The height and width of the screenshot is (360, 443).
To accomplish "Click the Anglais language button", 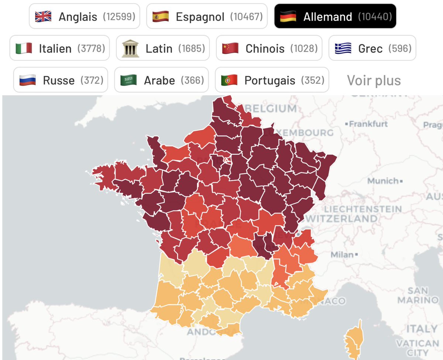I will tap(85, 16).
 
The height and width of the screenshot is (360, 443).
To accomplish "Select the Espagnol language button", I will tap(207, 16).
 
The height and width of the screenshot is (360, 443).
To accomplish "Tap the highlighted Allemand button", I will tap(335, 16).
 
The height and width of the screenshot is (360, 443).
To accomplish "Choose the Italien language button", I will tap(59, 48).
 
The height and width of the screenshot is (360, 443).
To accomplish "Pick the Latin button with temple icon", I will tap(163, 48).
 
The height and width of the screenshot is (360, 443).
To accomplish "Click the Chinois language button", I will tap(269, 48).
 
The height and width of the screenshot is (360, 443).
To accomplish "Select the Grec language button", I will tap(372, 48).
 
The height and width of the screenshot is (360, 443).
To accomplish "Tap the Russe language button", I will tap(61, 80).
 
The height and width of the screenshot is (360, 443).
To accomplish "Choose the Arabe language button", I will tap(161, 80).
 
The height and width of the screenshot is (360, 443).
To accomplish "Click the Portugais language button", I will tap(272, 80).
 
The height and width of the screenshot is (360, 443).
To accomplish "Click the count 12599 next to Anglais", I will tap(119, 17).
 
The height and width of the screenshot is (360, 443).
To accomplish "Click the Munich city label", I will tap(383, 181).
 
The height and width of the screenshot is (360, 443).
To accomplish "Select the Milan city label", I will tap(342, 255).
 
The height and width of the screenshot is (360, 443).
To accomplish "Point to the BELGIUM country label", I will tap(270, 109).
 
